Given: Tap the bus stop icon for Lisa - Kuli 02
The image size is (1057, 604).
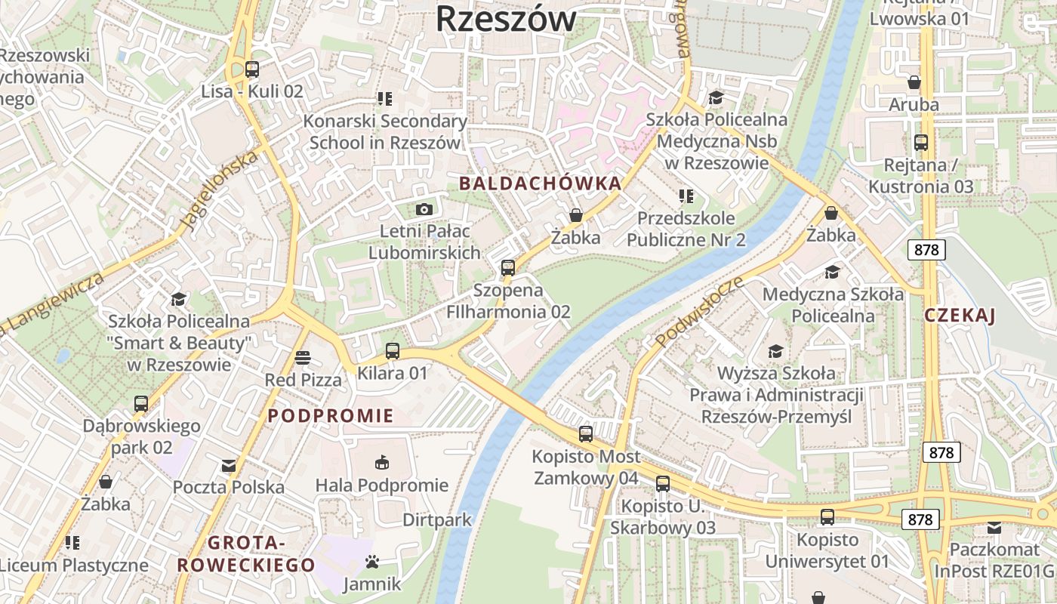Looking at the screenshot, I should pos(252,69).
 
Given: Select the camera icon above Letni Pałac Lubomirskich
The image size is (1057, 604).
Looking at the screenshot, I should pos(424,209).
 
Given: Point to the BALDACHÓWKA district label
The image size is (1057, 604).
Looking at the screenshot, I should pos(540,183).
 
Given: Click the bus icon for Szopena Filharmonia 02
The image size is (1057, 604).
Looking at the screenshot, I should pos(508,267).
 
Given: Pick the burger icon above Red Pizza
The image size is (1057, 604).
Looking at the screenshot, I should pos(303,357).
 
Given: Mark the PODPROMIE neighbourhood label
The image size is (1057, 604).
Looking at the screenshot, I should pos(331,416).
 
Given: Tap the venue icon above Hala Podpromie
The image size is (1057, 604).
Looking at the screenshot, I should pos(382,462).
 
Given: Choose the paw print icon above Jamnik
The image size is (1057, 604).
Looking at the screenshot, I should pos(371,562).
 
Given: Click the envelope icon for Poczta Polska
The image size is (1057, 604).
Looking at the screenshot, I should pos(229,466).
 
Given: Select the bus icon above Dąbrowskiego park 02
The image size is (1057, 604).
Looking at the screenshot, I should pos(141,404).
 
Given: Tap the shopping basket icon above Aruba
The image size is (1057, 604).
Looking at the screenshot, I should pos(914,82).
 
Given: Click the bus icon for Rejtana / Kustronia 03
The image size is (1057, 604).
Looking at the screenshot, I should pos(921,142).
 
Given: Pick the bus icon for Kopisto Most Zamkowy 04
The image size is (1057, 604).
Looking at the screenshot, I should pos(586,434).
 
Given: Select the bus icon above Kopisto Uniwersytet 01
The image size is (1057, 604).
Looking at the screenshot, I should pos(827,517).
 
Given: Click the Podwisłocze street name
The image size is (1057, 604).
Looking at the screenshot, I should pos(700,312).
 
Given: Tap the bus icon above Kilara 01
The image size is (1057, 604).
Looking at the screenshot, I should pos(393,350).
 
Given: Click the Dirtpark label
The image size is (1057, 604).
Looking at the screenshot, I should pos(437,520).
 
